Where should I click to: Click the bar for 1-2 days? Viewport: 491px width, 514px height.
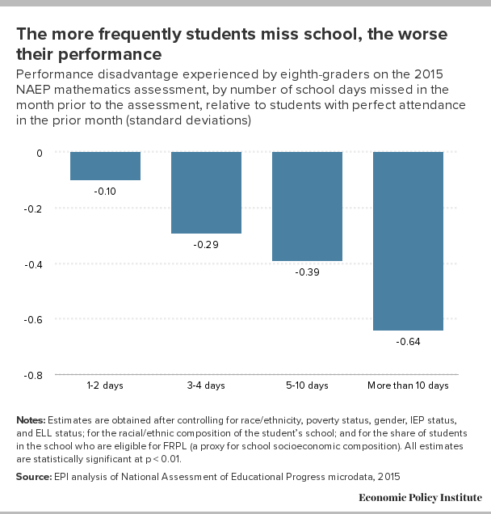coord(105,166)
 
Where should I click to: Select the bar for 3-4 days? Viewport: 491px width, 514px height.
coord(207,192)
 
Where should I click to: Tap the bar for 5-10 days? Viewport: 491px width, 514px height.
coord(307,206)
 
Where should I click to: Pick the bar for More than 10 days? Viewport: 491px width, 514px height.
coord(408,241)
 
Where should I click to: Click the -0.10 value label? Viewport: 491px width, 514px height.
coord(105,191)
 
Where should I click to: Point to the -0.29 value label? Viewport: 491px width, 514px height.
coord(206,245)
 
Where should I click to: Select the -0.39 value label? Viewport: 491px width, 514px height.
coord(307,272)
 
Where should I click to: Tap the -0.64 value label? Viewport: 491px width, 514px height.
coord(408,342)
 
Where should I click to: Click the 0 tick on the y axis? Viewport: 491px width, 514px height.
coord(40,153)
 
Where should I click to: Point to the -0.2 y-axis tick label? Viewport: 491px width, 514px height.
coord(33,209)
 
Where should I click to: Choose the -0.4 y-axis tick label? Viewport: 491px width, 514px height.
coord(33,264)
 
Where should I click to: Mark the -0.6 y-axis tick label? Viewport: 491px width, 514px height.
coord(33,319)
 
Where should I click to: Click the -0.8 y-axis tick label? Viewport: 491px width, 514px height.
coord(33,375)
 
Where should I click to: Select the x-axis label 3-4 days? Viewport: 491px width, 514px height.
coord(206,385)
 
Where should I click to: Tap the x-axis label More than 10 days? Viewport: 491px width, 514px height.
coord(408,385)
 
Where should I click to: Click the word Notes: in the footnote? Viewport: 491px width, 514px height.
coord(31,420)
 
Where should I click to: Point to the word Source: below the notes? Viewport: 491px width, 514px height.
coord(34,476)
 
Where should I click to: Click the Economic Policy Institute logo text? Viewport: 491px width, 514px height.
coord(420,498)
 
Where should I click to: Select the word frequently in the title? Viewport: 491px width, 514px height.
coord(140,35)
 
